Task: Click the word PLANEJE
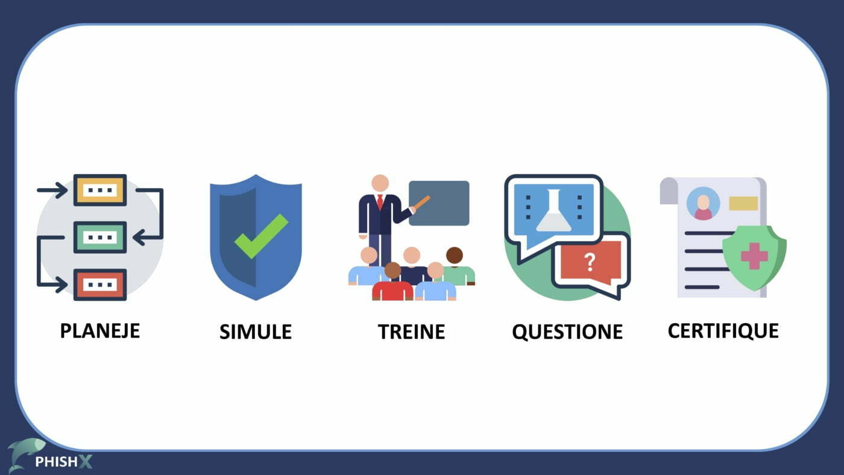tap(100, 331)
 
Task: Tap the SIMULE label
tap(256, 332)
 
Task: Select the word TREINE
tap(411, 332)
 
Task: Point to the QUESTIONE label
tap(567, 332)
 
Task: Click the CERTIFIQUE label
tap(723, 331)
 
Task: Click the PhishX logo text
tap(63, 462)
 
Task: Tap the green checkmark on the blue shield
tap(261, 236)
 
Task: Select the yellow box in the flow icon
tap(100, 190)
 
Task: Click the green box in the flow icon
tap(100, 237)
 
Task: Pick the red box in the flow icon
tap(100, 285)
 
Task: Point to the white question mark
tap(590, 262)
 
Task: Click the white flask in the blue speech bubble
tap(553, 210)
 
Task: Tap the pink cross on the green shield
tap(754, 256)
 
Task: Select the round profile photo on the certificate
tap(703, 203)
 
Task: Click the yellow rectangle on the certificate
tap(743, 203)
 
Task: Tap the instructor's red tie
tap(380, 202)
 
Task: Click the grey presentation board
tap(439, 203)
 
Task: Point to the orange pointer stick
tap(422, 203)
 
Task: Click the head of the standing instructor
tap(380, 183)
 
